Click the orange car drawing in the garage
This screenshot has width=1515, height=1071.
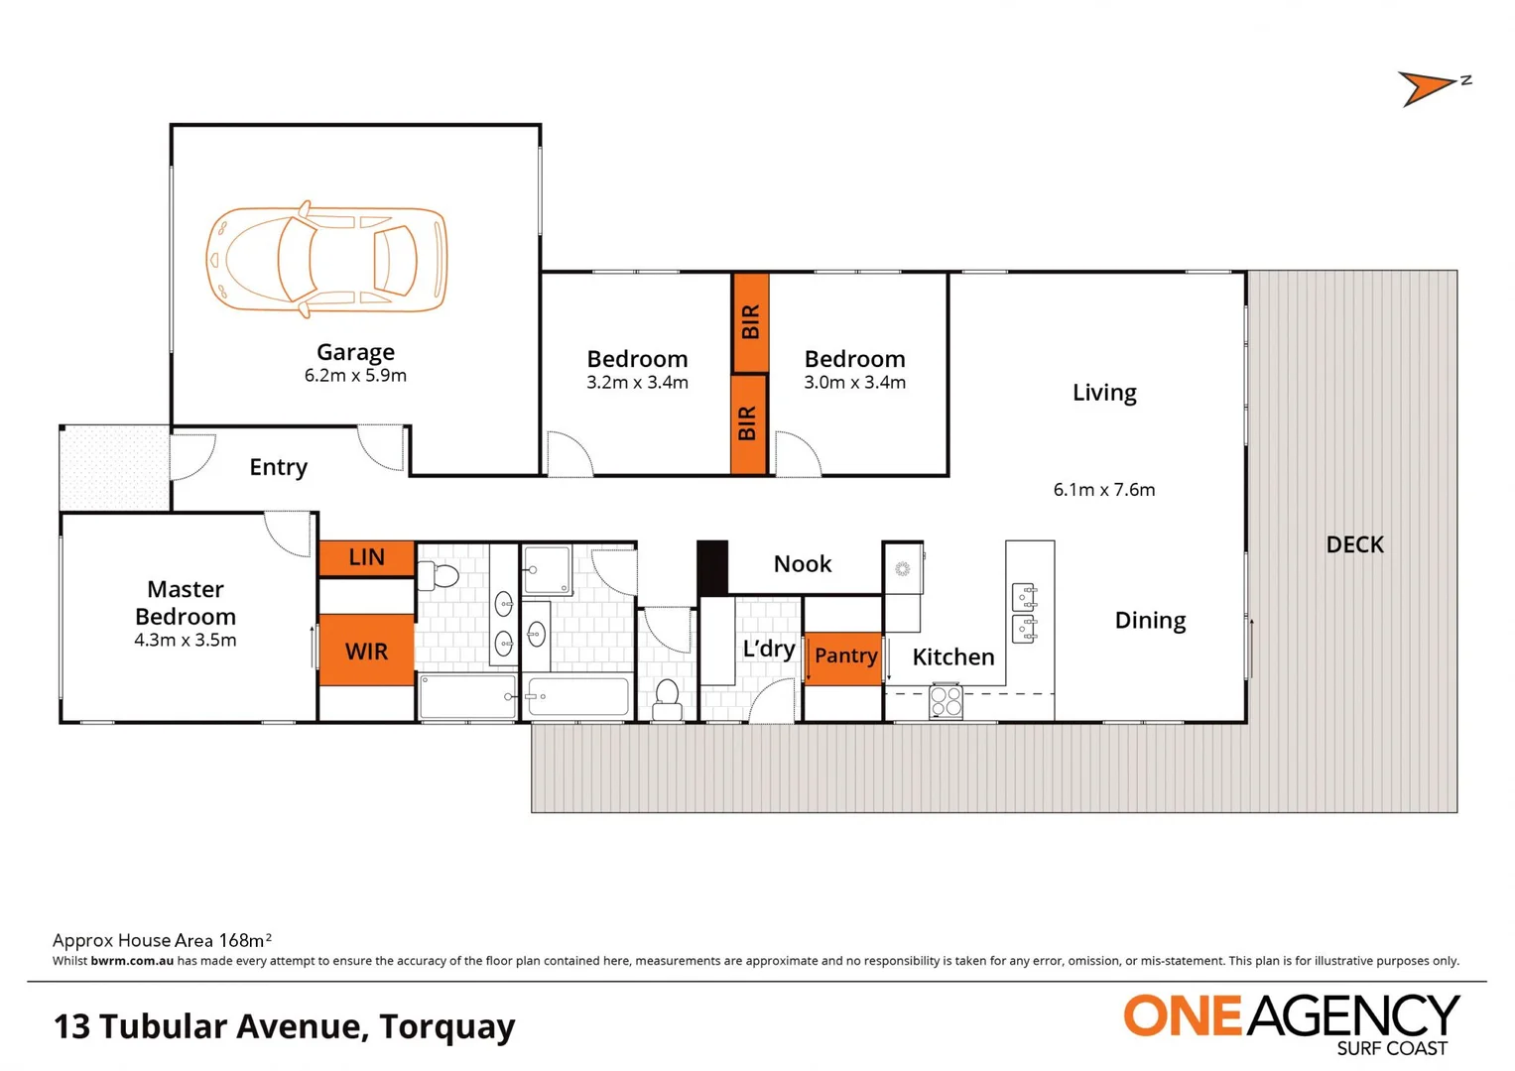point(326,259)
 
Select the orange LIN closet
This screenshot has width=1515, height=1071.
point(366,557)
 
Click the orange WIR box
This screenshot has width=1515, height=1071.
point(366,651)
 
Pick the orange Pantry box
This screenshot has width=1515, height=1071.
point(844,656)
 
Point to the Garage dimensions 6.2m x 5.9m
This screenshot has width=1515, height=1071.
point(355,376)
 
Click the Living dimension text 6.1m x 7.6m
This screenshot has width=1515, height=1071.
point(1103,490)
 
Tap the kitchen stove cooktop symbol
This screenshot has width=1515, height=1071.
point(946,701)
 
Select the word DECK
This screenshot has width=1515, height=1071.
point(1354,544)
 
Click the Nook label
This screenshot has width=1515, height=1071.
point(802,564)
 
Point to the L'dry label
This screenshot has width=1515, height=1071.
point(768,650)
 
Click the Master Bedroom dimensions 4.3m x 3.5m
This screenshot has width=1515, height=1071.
point(186,641)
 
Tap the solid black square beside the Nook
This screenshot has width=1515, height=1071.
point(712,567)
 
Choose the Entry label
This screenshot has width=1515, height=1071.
point(278,467)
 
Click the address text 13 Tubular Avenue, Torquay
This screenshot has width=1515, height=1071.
point(285,1026)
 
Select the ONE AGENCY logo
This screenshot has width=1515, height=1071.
point(1290,1021)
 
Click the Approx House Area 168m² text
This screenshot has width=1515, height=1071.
point(162,940)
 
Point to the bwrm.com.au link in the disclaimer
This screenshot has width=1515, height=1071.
point(132,961)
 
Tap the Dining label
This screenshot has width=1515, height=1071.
point(1150,621)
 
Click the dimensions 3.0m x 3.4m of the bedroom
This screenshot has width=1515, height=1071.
point(854,383)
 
